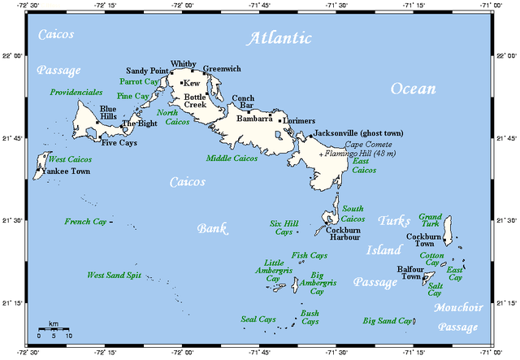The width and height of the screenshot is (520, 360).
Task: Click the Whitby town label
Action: [x=184, y=63]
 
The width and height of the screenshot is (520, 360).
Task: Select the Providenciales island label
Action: [x=76, y=93]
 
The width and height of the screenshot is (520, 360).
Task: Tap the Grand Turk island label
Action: [x=430, y=222]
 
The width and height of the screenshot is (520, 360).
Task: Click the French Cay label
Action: [x=85, y=221]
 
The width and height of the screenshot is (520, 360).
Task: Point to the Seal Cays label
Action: [x=258, y=319]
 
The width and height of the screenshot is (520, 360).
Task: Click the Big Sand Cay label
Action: [x=387, y=321]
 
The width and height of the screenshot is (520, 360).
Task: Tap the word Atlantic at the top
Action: [x=279, y=38]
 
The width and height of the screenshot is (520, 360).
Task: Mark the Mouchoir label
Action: [x=458, y=308]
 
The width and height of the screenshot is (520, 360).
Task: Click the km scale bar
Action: [x=54, y=328]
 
